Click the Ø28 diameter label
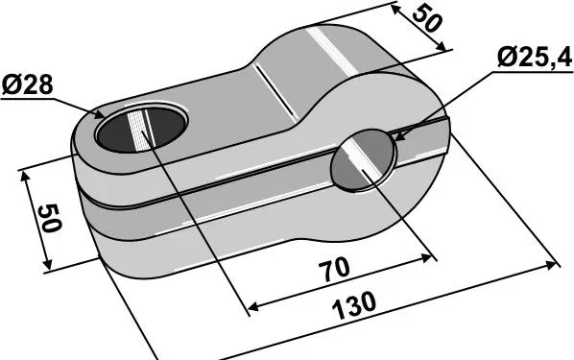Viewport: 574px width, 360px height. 28,85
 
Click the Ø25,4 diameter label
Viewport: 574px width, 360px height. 535,58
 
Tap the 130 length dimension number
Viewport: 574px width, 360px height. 354,306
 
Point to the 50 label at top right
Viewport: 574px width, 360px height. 426,19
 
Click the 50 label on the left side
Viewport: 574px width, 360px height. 49,219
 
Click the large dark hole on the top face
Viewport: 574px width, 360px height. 142,129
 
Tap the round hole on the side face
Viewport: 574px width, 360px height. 363,160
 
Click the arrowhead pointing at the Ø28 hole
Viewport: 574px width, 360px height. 99,115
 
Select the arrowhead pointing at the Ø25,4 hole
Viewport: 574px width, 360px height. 400,136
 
